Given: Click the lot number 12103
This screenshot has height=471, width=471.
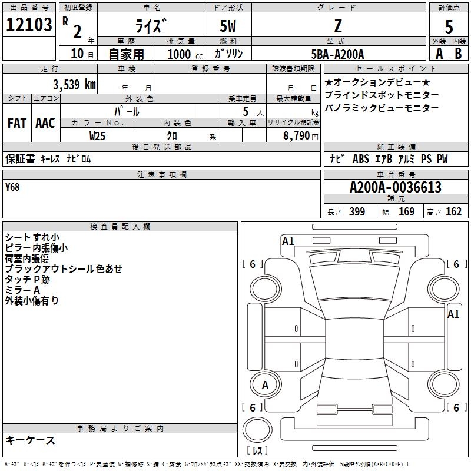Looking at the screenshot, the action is pos(29,25).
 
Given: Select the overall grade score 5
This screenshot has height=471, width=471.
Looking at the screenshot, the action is pos(449,27).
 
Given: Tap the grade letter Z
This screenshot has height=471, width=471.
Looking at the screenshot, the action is pos(337,26).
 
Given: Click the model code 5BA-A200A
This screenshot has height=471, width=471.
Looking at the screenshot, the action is pos(337,54).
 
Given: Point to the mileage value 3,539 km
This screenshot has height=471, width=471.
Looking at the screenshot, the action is pos(74,84).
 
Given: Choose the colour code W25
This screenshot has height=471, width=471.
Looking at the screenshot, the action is pos(97,135).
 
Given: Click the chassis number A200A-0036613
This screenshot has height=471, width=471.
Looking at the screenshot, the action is pos(395,188).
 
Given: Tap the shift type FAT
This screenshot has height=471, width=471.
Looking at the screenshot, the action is pos(16,123).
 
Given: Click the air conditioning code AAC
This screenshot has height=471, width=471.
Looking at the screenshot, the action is pos(45,123).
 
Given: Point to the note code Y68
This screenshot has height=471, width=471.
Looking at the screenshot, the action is pos(12,187).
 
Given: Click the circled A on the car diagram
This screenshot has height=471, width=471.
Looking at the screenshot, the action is pos(265,385).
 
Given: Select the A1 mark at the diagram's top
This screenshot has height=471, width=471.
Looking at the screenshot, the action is pos(288,241).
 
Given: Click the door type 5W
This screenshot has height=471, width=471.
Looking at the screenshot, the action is pos(229,26).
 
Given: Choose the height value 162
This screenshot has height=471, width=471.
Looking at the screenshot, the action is pos(453,212).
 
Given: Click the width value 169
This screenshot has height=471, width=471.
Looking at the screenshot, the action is pos(406,212).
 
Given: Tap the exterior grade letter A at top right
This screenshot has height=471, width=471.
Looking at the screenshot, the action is pos(439,53).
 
